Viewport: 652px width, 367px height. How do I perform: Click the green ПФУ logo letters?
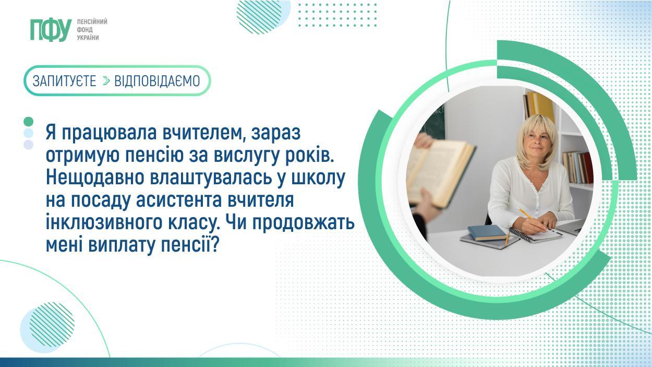pos(51,30)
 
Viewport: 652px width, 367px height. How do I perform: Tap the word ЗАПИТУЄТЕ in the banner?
pos(64,81)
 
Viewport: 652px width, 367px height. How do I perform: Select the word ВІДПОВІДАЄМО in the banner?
pos(157,81)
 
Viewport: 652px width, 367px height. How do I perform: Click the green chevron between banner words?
pos(106,81)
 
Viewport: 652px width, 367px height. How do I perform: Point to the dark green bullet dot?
pos(29,121)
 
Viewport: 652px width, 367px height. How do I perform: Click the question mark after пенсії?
pos(215,245)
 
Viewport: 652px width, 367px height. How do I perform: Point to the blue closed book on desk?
pos(487,232)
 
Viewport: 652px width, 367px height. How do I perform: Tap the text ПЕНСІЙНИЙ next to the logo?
pos(92,22)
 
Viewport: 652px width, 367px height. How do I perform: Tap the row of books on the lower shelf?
pos(577,168)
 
